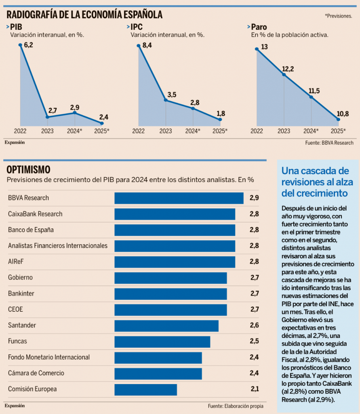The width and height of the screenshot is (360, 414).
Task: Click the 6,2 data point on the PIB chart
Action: tap(20, 44)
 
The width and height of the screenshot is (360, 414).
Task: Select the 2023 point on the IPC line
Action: tap(166, 100)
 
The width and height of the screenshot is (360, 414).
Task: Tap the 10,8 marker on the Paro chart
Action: tap(338, 119)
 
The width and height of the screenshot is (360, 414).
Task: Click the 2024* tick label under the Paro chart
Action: tap(311, 131)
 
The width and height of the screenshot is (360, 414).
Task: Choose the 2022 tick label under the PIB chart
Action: tap(20, 131)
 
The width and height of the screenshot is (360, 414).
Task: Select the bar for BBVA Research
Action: tap(179, 198)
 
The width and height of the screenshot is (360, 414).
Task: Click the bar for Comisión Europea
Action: tap(145, 389)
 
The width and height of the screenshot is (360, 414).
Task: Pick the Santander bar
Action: tap(166, 325)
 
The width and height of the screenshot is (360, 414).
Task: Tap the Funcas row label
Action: tap(17, 341)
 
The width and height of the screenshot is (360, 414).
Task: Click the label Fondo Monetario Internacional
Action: tap(49, 357)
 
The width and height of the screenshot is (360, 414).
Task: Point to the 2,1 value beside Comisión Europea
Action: tap(254, 389)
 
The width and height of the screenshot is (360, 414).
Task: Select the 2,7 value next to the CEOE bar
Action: tap(254, 310)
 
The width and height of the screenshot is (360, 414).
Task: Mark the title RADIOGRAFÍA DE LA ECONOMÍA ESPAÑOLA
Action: tap(84, 15)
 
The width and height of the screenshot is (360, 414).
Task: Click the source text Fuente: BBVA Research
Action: tap(329, 143)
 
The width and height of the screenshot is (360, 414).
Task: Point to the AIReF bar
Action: tap(175, 262)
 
